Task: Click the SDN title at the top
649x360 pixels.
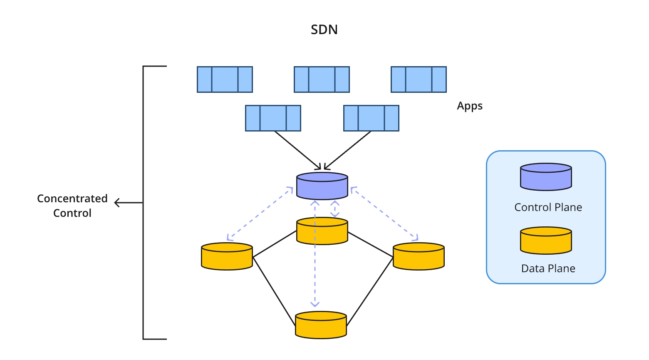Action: coord(324,30)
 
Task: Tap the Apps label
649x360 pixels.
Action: coord(470,106)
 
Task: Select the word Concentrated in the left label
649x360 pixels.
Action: coord(72,199)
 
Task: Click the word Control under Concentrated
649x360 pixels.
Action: coord(72,213)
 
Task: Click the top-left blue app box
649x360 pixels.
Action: coord(225,79)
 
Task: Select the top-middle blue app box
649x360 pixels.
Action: coord(322,79)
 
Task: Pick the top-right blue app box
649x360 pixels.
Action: coord(419,79)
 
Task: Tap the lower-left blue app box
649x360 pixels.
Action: coord(273,118)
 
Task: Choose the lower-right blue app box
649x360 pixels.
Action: coord(371,118)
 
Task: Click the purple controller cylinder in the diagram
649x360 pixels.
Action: coord(322,186)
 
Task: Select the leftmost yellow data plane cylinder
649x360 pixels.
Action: coord(227,256)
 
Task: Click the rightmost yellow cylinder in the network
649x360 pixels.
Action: coord(419,256)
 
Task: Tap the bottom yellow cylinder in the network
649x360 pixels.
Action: coord(321,325)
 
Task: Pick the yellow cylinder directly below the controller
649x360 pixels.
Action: coord(322,231)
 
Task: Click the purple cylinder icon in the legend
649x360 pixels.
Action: coord(546,177)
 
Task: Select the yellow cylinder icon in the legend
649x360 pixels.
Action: coord(546,241)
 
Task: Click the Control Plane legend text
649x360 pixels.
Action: coord(548,207)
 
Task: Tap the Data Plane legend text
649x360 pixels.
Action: coord(548,268)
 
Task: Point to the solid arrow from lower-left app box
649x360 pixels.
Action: coord(297,150)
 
